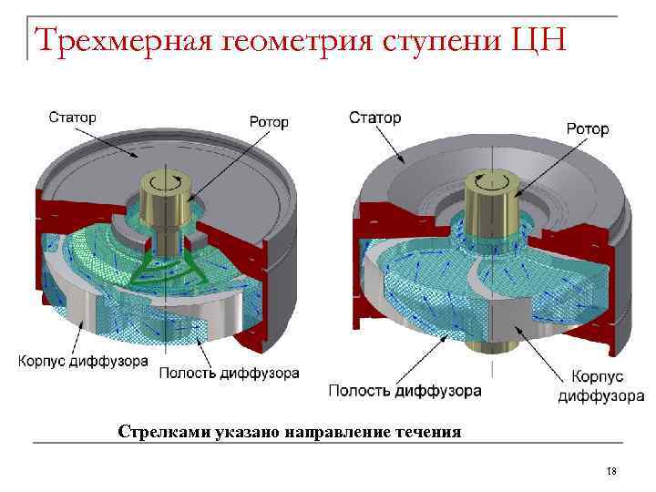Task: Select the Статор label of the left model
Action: (x=73, y=117)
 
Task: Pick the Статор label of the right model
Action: (x=374, y=118)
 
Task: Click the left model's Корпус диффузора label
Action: (x=84, y=361)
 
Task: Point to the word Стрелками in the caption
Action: (x=157, y=431)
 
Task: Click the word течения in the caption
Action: (x=427, y=431)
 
